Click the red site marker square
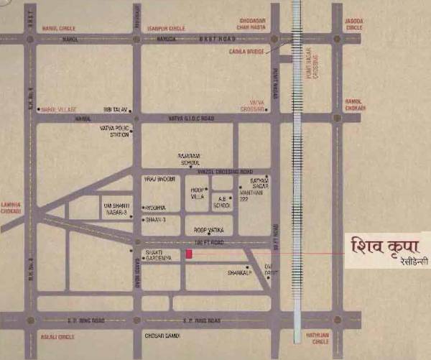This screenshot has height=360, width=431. point(190,254)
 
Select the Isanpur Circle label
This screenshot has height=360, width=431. point(167,28)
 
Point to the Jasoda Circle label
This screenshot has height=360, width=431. point(354,24)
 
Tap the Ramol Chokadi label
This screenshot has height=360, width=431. point(355,105)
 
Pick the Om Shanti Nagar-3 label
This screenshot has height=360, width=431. point(117,208)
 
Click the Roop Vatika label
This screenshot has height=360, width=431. point(209,229)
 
